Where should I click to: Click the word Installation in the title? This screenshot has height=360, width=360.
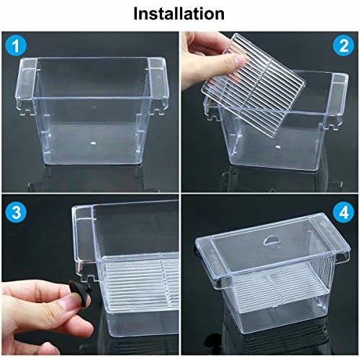[179, 13]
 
